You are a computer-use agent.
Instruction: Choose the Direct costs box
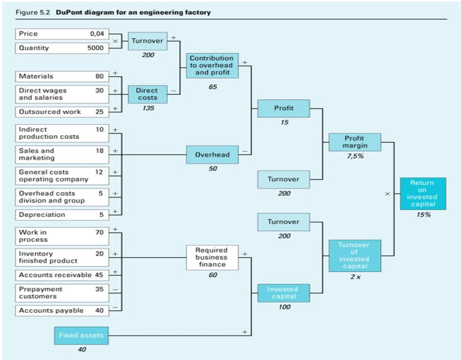click(x=147, y=94)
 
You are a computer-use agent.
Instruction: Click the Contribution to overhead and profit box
click(x=212, y=66)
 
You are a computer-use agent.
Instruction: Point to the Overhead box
click(x=212, y=155)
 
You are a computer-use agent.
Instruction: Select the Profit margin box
click(x=355, y=142)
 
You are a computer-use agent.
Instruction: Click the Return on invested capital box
click(x=422, y=194)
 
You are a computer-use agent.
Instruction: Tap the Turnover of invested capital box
click(x=355, y=256)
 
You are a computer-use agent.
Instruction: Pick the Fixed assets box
click(x=81, y=335)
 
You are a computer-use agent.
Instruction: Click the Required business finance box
click(x=212, y=257)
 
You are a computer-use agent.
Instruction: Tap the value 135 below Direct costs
click(x=147, y=109)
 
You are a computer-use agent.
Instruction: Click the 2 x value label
click(x=355, y=277)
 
